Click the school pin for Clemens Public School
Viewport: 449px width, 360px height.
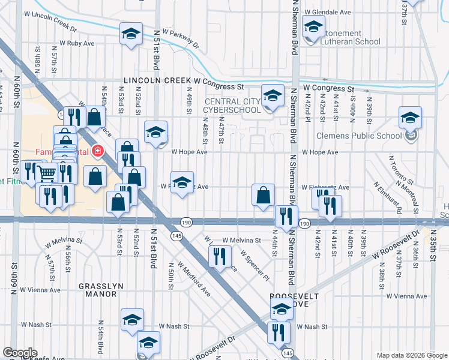click(410, 118)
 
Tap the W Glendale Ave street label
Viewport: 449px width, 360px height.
click(327, 11)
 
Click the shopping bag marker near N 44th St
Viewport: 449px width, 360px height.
click(263, 196)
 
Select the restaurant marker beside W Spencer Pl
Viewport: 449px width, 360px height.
click(220, 257)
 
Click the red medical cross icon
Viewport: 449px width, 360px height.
click(97, 151)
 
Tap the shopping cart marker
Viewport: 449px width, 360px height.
click(47, 173)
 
